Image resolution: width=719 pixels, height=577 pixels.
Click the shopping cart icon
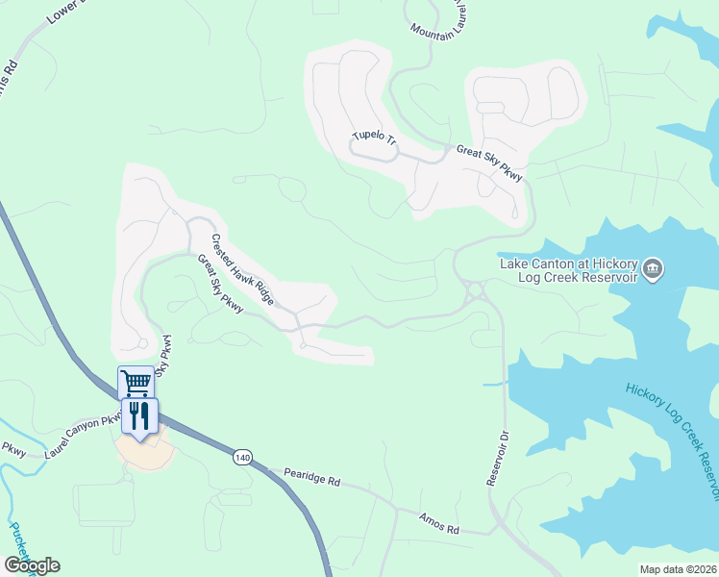point(136,383)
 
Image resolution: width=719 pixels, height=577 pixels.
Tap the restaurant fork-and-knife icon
point(141,415)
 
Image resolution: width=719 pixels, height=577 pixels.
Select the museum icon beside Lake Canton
point(653,268)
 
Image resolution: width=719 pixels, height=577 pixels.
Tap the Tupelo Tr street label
point(374,138)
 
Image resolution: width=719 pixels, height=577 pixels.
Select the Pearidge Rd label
point(312,478)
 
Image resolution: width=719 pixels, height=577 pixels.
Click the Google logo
point(32,565)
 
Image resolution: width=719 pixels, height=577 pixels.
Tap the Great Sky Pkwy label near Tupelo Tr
point(489,163)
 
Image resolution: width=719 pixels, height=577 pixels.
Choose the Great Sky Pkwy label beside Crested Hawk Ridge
point(220,285)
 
